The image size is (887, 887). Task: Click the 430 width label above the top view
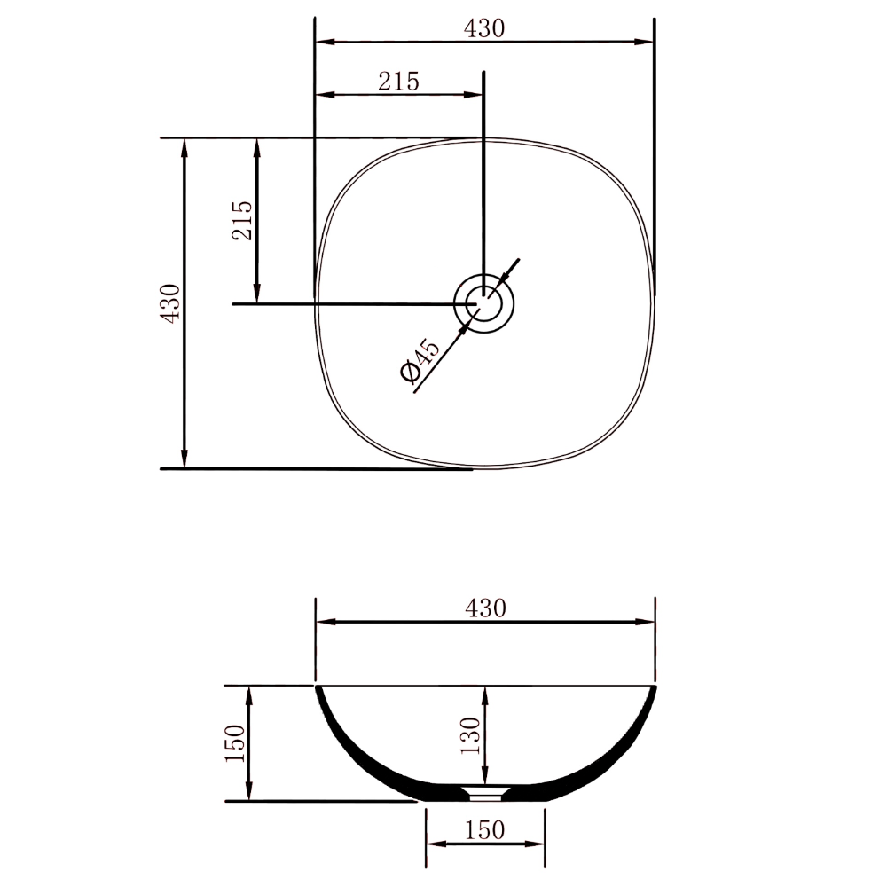(x=484, y=27)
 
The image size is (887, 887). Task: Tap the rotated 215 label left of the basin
(x=242, y=220)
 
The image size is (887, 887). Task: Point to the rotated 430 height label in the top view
(x=170, y=302)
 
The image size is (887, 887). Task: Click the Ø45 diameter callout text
(x=419, y=362)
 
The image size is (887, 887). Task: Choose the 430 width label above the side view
(x=484, y=608)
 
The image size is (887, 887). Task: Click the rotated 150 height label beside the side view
(x=235, y=743)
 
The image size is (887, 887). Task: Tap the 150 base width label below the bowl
(x=484, y=830)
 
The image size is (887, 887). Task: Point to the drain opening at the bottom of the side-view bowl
(x=485, y=789)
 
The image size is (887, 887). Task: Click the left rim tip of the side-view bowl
(x=318, y=687)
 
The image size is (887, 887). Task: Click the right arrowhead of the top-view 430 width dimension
(x=647, y=41)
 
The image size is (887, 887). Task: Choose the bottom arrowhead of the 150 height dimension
(x=249, y=794)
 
